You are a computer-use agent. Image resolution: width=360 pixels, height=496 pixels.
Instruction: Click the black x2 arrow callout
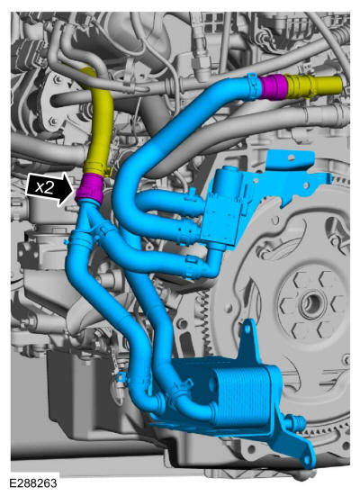(50, 189)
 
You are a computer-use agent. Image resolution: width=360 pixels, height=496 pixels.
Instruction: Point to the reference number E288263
(33, 483)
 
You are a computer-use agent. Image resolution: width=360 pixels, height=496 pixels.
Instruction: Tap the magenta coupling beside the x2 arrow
(89, 188)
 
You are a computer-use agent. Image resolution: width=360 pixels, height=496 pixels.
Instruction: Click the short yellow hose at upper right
(313, 86)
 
